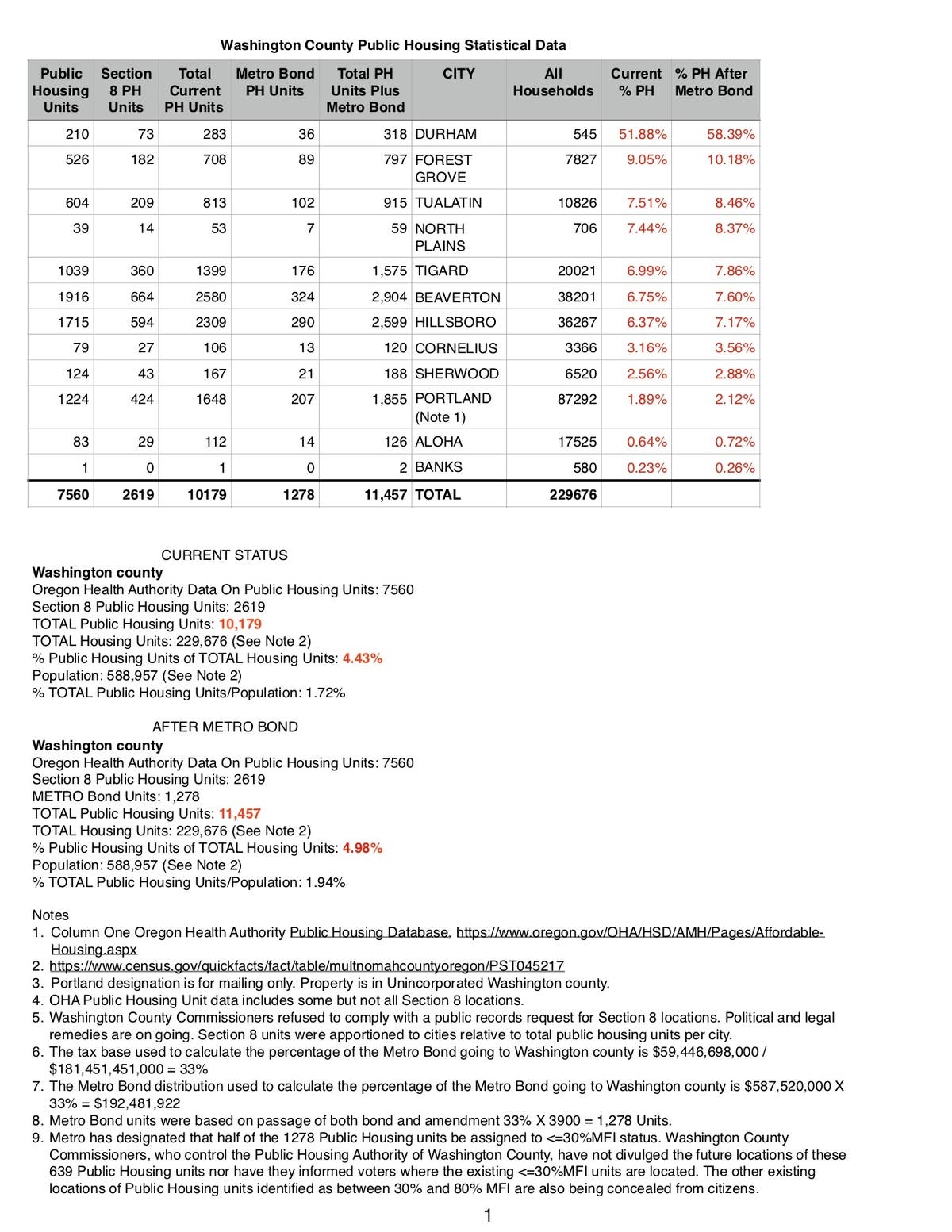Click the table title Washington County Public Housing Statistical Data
pos(393,45)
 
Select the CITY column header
pos(459,74)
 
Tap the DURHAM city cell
pos(446,134)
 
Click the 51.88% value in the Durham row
pos(643,134)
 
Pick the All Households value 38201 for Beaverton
pos(577,297)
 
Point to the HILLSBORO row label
pos(455,322)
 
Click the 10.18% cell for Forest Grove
pos(731,159)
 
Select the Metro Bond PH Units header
pos(274,82)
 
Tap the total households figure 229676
pos(573,494)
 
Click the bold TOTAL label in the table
pos(437,494)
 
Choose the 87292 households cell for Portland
pos(577,399)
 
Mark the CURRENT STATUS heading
pos(225,555)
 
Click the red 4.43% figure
pos(363,658)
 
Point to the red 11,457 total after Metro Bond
pos(240,813)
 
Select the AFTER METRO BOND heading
pos(225,727)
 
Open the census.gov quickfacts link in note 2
pos(306,966)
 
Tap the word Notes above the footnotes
pos(50,915)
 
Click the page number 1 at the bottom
pos(488,1215)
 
